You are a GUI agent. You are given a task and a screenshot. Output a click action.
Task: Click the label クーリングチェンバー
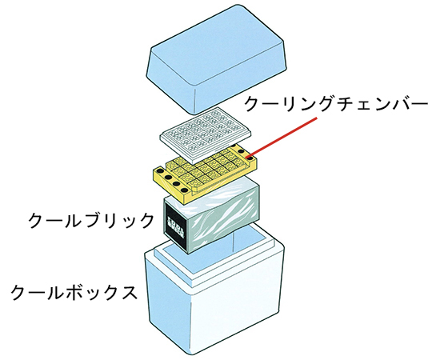point(336,105)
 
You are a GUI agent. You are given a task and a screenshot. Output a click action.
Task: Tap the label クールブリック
point(91,220)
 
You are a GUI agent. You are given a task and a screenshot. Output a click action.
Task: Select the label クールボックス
point(74,292)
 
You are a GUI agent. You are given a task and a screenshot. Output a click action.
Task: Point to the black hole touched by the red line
point(250,158)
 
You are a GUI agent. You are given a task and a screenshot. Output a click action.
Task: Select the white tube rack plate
point(206,134)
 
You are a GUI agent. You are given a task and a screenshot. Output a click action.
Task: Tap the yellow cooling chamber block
point(205,171)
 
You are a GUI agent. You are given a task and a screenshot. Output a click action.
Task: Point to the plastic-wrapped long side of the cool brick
point(224,218)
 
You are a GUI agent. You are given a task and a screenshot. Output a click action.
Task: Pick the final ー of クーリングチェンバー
point(419,105)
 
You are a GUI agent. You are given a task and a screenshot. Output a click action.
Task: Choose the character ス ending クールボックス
point(128,293)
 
